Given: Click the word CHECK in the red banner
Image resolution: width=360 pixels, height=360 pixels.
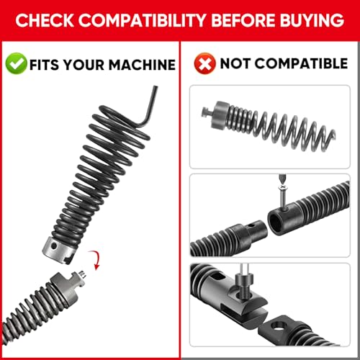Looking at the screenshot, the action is click(45, 20).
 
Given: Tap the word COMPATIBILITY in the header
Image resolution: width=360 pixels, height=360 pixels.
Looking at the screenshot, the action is click(142, 20).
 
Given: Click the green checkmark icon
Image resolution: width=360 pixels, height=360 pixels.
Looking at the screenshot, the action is click(16, 63).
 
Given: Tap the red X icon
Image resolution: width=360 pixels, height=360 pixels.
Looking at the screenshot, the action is click(204, 63).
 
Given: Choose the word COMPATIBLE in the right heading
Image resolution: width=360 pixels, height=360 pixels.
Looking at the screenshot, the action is click(301, 63).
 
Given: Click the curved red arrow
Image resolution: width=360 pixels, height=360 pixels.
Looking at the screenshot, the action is click(95, 260).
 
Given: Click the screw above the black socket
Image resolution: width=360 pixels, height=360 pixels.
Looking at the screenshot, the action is click(283, 197).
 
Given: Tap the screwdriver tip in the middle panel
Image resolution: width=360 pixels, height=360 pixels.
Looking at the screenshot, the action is click(282, 179).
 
